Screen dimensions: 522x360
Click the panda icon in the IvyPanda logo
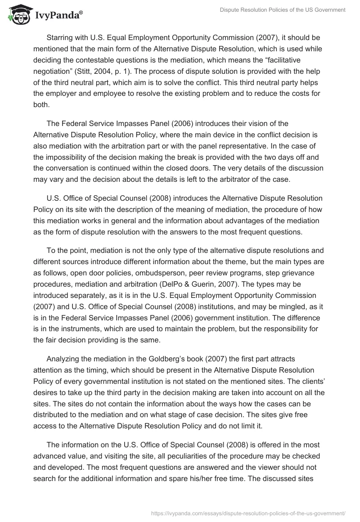point(18,16)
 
